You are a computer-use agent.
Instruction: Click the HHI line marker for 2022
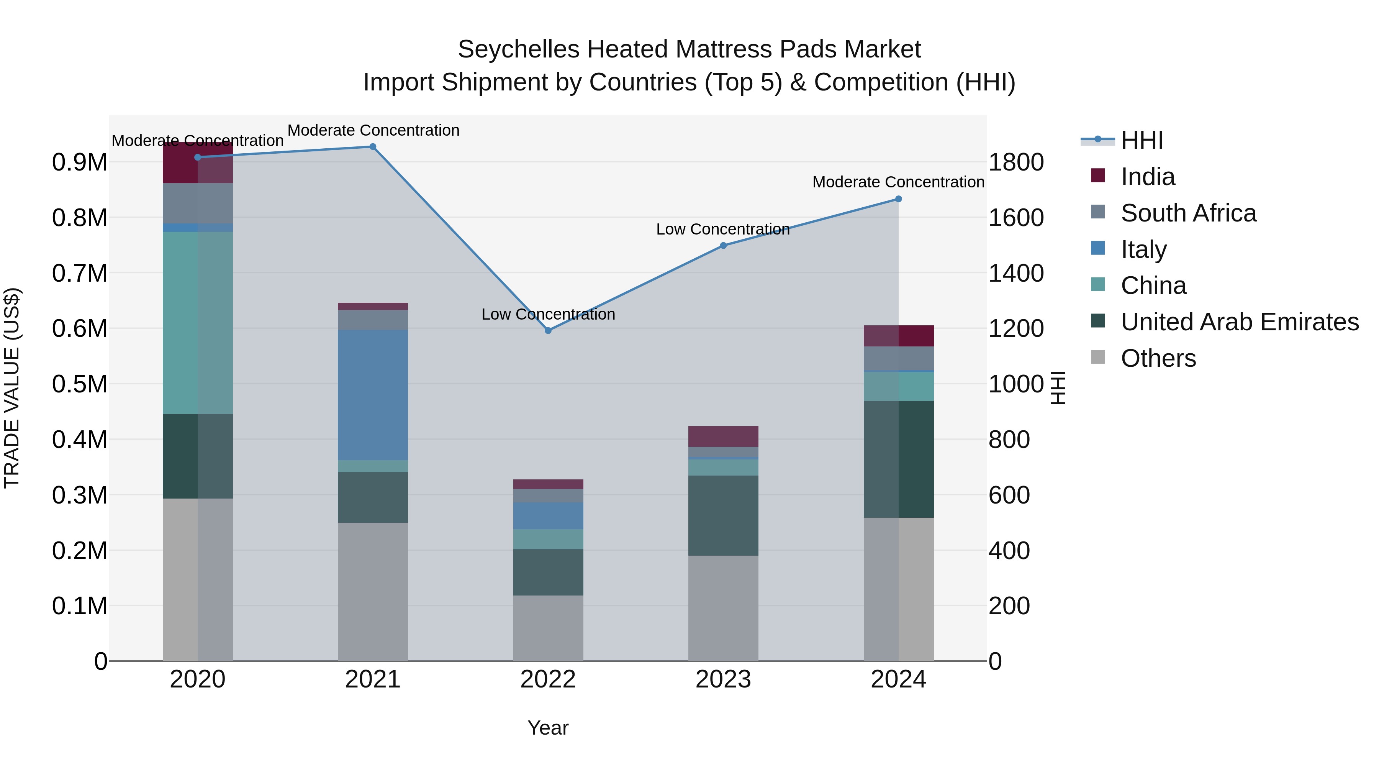(x=548, y=330)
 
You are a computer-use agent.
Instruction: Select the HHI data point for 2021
(x=373, y=147)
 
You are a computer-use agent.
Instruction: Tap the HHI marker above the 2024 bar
(x=898, y=199)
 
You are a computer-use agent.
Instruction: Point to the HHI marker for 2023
(x=723, y=245)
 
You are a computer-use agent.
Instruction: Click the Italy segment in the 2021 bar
(x=373, y=395)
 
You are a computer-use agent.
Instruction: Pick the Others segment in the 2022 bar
(x=548, y=628)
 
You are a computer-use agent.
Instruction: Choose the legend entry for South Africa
(x=1188, y=213)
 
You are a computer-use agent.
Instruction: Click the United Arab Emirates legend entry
(x=1239, y=322)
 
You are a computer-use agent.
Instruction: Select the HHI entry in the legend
(x=1142, y=140)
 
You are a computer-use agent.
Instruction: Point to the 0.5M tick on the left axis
(x=79, y=384)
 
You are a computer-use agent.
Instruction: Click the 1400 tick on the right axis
(x=1015, y=273)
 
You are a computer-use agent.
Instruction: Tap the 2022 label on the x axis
(x=548, y=679)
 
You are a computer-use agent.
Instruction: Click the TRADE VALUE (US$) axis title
(x=12, y=388)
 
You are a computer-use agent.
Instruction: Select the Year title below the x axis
(x=548, y=728)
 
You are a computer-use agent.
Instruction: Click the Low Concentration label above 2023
(x=723, y=229)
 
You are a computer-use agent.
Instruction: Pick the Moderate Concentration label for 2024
(x=898, y=182)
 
